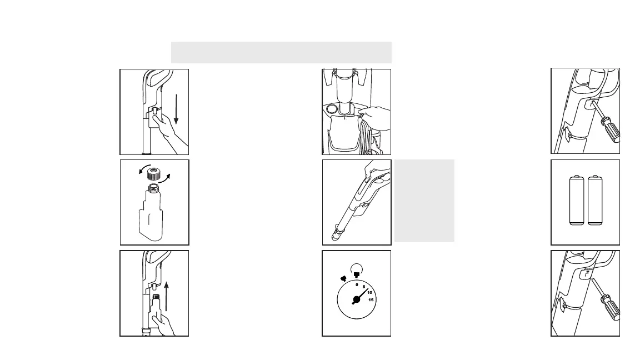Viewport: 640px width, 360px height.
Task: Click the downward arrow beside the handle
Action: click(x=176, y=109)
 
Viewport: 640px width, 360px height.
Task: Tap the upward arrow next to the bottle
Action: click(x=166, y=296)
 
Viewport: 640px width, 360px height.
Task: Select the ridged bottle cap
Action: click(x=154, y=174)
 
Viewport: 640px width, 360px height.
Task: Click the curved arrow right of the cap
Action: click(x=165, y=178)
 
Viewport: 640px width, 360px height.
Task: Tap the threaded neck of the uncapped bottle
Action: click(x=154, y=188)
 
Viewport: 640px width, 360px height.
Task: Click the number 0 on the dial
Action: click(x=357, y=285)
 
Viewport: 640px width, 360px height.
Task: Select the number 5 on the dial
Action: click(x=364, y=287)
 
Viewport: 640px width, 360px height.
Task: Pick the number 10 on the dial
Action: click(x=370, y=293)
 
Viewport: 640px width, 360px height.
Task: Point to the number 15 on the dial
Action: click(x=371, y=300)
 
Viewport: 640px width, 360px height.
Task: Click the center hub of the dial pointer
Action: click(x=356, y=299)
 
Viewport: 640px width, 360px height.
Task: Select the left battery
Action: click(x=576, y=200)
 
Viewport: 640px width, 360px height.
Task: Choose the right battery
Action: click(x=595, y=200)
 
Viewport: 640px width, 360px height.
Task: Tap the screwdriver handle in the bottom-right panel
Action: click(x=611, y=307)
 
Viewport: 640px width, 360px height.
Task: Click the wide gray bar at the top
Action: click(x=281, y=52)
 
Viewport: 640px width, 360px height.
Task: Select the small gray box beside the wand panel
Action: click(x=424, y=201)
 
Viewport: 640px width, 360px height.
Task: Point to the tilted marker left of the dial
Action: click(x=344, y=278)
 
